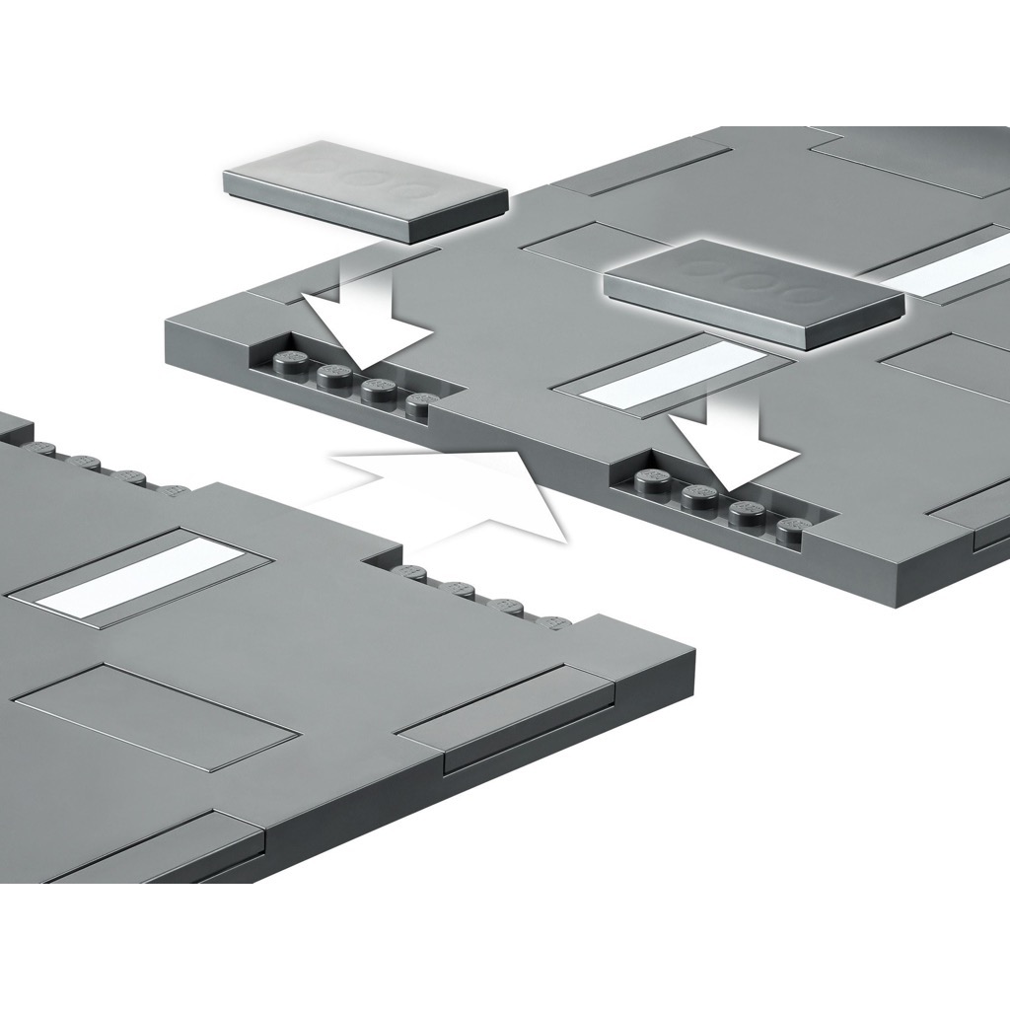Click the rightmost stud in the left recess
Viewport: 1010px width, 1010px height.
coord(422,404)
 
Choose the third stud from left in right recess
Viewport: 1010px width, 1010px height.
coord(747,513)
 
